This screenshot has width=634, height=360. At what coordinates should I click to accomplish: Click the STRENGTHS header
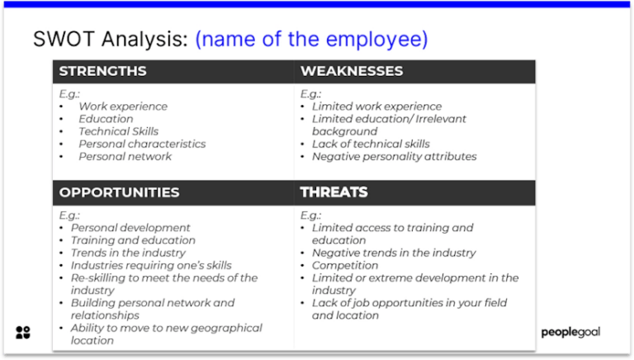point(102,71)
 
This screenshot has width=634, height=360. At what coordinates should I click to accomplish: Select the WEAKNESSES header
point(352,71)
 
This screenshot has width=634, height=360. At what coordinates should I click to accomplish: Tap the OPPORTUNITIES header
point(119,192)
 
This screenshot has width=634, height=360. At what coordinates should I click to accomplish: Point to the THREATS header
point(334,192)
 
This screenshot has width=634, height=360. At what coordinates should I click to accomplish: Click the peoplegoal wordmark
point(570,332)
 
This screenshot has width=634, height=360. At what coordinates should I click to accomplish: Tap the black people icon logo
point(23,333)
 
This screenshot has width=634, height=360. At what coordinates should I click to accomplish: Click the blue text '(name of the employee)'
point(311,40)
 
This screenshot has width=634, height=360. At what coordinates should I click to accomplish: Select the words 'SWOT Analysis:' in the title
point(111,40)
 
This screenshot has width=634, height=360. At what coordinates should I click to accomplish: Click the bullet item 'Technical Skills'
point(119,131)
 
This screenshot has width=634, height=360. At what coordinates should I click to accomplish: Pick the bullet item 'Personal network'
point(125,157)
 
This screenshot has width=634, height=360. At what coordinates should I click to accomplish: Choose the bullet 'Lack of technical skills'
point(371,144)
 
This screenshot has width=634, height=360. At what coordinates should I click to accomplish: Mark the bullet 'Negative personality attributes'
point(395,157)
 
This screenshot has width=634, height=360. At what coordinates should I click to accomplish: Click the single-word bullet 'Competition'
point(345,265)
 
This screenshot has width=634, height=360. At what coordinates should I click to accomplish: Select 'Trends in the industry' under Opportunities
point(128,253)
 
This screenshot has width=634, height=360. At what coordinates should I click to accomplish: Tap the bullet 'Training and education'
point(133,240)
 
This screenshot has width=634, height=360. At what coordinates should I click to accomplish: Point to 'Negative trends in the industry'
point(394,253)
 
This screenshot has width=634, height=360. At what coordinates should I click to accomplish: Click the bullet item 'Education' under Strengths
point(106,119)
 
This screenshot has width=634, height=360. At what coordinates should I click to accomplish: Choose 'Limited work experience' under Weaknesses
point(376,107)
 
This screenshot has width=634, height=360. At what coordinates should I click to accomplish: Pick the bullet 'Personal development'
point(130,228)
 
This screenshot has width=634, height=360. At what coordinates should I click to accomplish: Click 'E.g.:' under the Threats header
point(310,216)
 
